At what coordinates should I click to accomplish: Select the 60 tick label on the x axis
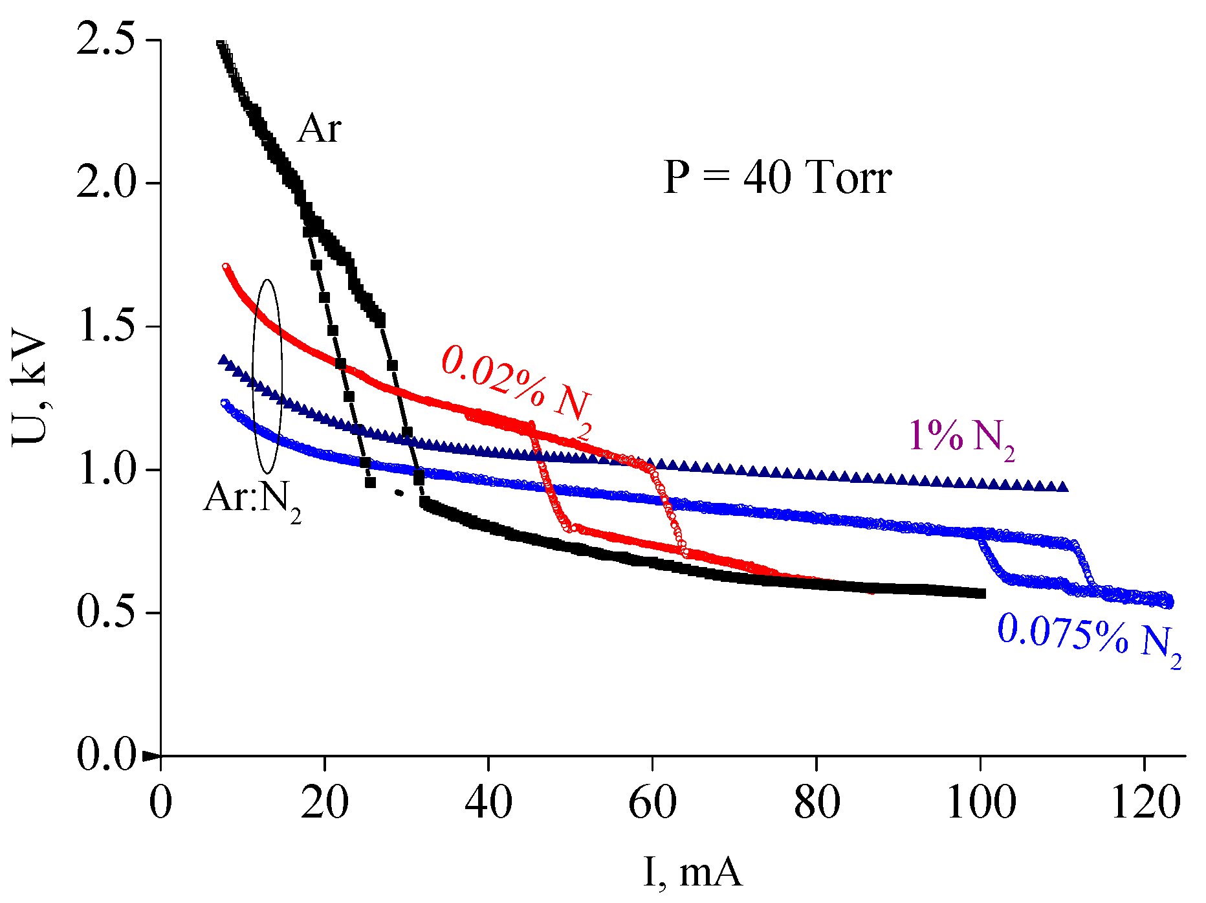pyautogui.click(x=652, y=803)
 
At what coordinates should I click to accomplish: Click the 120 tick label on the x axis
pyautogui.click(x=1145, y=803)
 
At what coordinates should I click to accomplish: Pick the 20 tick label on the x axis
pyautogui.click(x=324, y=803)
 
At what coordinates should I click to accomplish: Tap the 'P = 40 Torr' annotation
pyautogui.click(x=778, y=177)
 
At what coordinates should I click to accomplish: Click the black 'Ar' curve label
pyautogui.click(x=319, y=129)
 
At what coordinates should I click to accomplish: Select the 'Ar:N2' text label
pyautogui.click(x=252, y=500)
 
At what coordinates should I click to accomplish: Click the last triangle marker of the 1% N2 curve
pyautogui.click(x=1062, y=487)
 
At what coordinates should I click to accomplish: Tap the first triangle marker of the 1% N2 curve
pyautogui.click(x=224, y=360)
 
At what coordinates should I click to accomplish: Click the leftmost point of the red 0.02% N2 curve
pyautogui.click(x=226, y=267)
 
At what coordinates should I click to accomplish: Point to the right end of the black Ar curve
pyautogui.click(x=981, y=594)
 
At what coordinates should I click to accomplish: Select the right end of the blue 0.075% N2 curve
pyautogui.click(x=1169, y=603)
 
